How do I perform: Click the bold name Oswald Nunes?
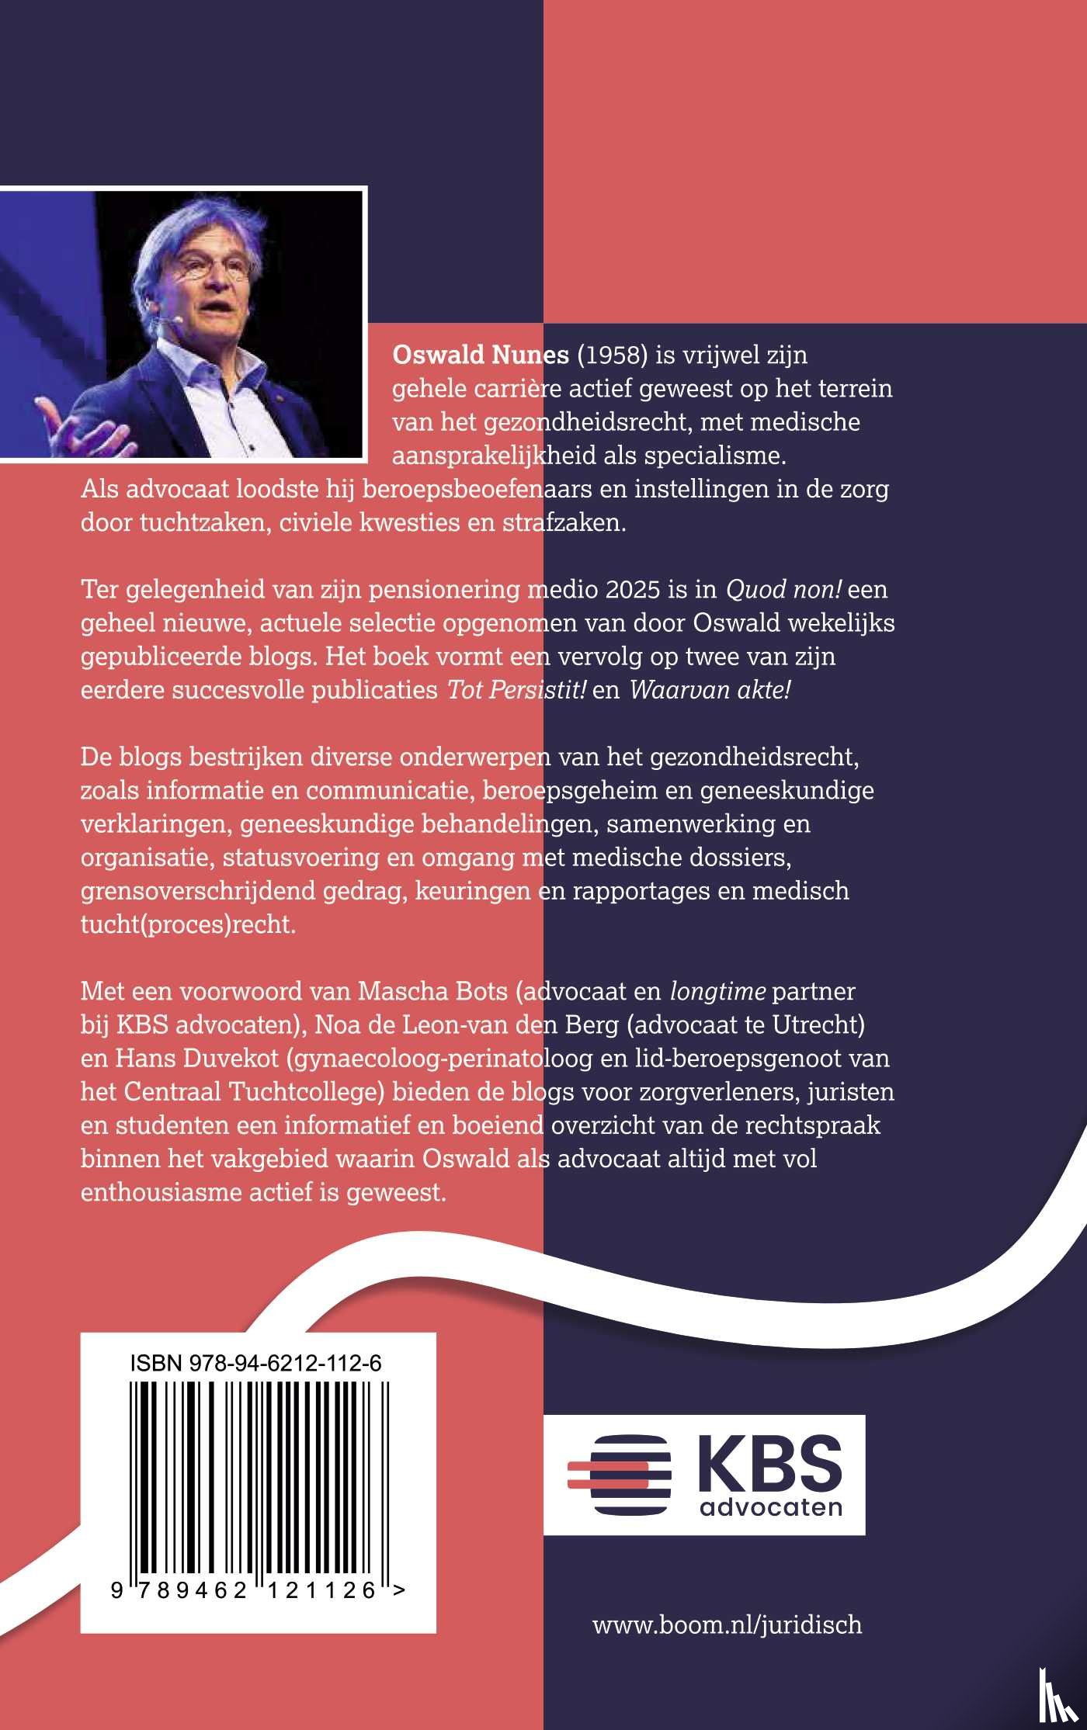(480, 355)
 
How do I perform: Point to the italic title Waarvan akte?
(710, 689)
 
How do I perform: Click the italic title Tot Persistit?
(516, 689)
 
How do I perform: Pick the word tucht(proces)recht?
(188, 924)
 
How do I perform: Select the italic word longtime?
(717, 991)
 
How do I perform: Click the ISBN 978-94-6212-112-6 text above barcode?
(255, 1363)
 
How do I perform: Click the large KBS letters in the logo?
(769, 1465)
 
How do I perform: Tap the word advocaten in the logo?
(771, 1507)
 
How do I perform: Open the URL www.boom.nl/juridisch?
(727, 1624)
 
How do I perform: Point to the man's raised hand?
(74, 427)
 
